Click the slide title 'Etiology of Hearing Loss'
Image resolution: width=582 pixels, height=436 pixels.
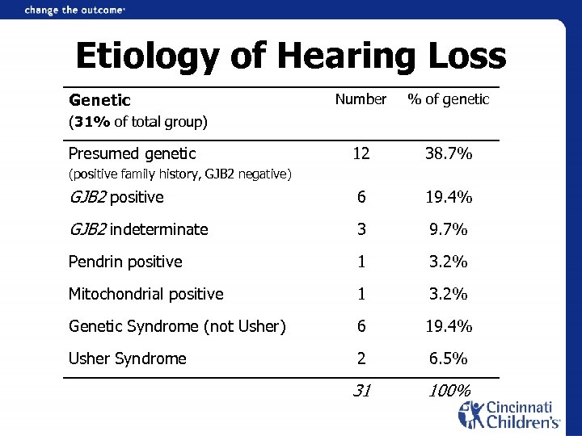290,57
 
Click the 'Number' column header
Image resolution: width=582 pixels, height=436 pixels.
361,99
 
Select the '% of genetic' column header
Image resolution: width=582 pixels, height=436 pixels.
448,99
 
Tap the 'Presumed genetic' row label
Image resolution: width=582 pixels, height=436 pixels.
132,153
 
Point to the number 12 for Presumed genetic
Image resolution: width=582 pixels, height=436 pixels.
361,153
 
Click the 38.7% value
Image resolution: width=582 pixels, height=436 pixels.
449,153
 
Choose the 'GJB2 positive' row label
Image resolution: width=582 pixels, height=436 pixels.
116,197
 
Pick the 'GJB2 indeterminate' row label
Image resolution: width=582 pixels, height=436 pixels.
138,229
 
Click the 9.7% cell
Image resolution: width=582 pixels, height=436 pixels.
449,229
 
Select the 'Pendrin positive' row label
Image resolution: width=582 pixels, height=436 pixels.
125,262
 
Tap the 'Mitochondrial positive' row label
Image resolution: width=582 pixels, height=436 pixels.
145,294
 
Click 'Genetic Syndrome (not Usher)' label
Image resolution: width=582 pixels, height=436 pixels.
177,326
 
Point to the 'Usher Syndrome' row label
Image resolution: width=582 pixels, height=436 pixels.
127,358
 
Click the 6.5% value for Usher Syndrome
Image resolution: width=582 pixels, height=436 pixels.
449,358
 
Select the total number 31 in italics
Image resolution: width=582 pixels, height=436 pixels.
361,391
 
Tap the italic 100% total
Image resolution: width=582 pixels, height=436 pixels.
449,391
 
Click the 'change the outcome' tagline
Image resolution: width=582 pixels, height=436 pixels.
75,10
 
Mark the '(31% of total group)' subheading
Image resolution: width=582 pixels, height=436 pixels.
138,123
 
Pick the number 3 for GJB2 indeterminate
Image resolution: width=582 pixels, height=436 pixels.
361,229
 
